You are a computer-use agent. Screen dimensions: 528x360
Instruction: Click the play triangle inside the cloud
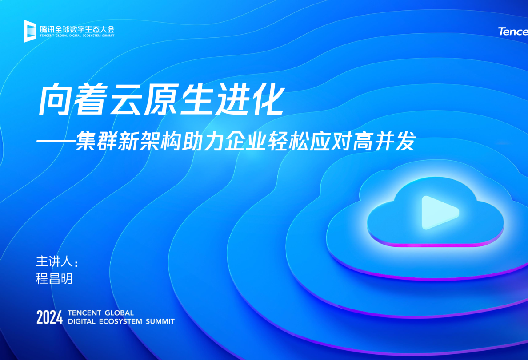pyautogui.click(x=439, y=212)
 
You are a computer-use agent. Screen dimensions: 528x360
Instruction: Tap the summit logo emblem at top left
pyautogui.click(x=30, y=31)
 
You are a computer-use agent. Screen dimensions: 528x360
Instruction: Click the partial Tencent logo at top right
pyautogui.click(x=513, y=31)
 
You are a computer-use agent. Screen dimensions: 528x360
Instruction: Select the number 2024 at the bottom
pyautogui.click(x=49, y=317)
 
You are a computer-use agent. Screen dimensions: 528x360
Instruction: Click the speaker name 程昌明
pyautogui.click(x=54, y=279)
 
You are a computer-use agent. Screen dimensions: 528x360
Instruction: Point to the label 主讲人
pyautogui.click(x=54, y=261)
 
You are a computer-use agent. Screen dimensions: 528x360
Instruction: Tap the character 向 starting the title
pyautogui.click(x=55, y=100)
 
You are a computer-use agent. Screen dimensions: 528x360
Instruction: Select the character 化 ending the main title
pyautogui.click(x=268, y=100)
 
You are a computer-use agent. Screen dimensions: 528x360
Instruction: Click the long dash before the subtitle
pyautogui.click(x=56, y=141)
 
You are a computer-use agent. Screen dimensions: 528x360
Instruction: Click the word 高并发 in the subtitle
pyautogui.click(x=384, y=141)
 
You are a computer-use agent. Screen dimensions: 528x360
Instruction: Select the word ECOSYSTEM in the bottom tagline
pyautogui.click(x=120, y=322)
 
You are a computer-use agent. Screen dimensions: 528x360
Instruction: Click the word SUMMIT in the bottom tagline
pyautogui.click(x=160, y=322)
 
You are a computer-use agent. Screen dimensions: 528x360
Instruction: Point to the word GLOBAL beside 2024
pyautogui.click(x=119, y=313)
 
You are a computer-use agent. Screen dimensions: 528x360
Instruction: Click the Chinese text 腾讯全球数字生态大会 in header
pyautogui.click(x=77, y=29)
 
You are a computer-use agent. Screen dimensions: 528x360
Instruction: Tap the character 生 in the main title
pyautogui.click(x=196, y=100)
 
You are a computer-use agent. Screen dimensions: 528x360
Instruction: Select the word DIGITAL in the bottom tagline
pyautogui.click(x=81, y=322)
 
